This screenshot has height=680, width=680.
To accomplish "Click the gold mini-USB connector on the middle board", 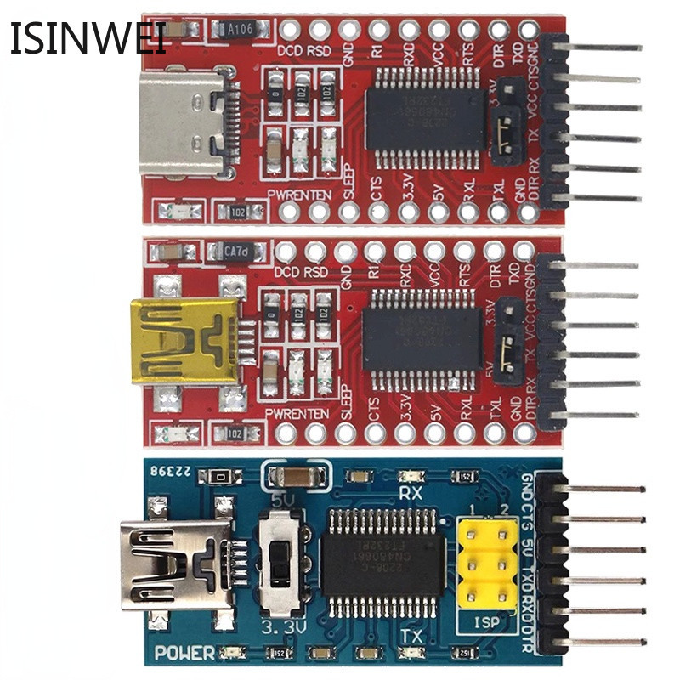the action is (x=183, y=341).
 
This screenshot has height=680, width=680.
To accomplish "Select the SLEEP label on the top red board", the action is (x=348, y=188).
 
